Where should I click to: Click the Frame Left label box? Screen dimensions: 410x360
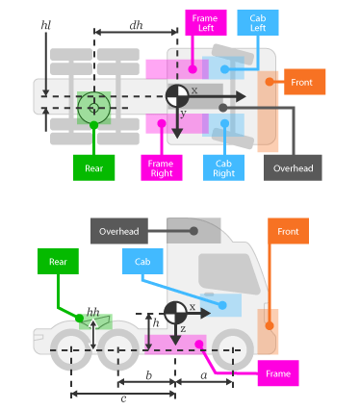[205, 23]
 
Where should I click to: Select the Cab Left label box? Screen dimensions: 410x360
[258, 23]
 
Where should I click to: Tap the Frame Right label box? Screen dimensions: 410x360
[161, 167]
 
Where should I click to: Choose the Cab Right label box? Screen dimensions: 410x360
[224, 167]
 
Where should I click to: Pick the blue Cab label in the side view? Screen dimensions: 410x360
[142, 261]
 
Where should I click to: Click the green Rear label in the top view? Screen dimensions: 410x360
[93, 167]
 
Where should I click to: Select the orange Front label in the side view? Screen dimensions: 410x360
[288, 231]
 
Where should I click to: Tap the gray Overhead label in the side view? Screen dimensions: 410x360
[118, 231]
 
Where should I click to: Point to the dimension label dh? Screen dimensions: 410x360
[136, 25]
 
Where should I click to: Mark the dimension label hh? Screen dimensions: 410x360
[92, 312]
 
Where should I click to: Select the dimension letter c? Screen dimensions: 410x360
[122, 398]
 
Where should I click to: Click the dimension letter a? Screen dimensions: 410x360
[203, 376]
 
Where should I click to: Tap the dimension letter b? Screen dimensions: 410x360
[147, 376]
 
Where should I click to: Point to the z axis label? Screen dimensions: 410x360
[183, 329]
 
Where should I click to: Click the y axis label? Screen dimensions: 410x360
[182, 114]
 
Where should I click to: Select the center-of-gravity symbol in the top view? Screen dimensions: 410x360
[177, 95]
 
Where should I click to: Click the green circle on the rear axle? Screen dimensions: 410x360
[93, 107]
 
